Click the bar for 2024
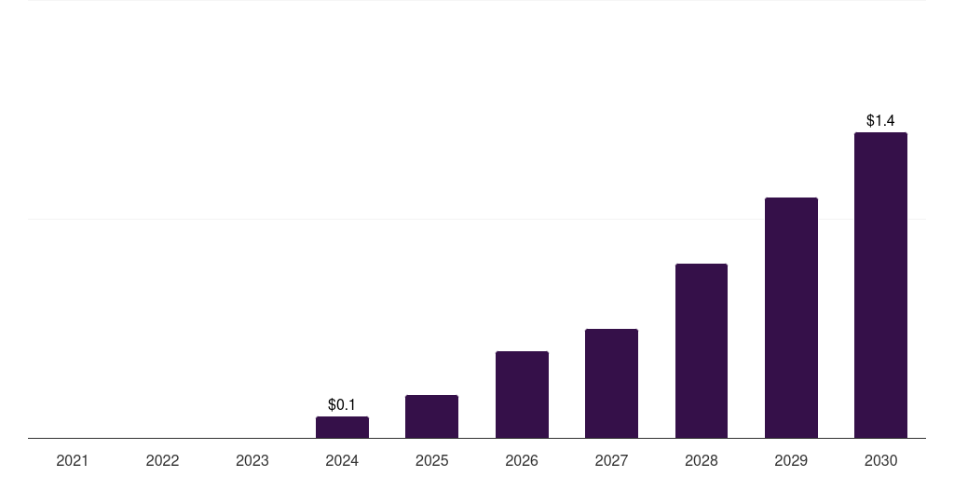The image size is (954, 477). (x=342, y=428)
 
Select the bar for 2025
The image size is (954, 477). (x=431, y=416)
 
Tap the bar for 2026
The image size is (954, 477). (x=522, y=395)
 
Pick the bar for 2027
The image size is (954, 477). (x=611, y=384)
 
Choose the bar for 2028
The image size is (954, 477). (x=702, y=351)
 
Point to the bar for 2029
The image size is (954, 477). (x=791, y=318)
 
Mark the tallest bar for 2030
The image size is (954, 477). (x=880, y=285)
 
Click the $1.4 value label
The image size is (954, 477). (x=880, y=120)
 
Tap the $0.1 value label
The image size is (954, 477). (x=342, y=404)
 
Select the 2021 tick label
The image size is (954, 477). (x=73, y=460)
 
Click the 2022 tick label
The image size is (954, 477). (x=162, y=460)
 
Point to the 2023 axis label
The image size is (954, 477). (x=252, y=460)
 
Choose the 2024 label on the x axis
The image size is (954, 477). (x=342, y=460)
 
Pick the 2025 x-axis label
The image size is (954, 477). (x=431, y=460)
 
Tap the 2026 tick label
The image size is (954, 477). (x=522, y=460)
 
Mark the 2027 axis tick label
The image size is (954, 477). (x=611, y=460)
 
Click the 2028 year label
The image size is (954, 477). (x=702, y=460)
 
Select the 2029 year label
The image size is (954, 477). (x=791, y=460)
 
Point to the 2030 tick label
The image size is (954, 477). (x=880, y=460)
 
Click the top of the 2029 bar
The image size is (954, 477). (x=791, y=199)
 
